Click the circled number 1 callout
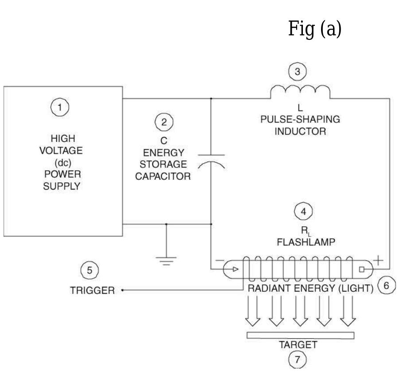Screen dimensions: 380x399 click(x=61, y=106)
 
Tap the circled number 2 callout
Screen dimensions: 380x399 click(x=164, y=122)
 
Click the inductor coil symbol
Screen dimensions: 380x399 click(x=300, y=92)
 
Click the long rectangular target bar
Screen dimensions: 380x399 click(x=300, y=335)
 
